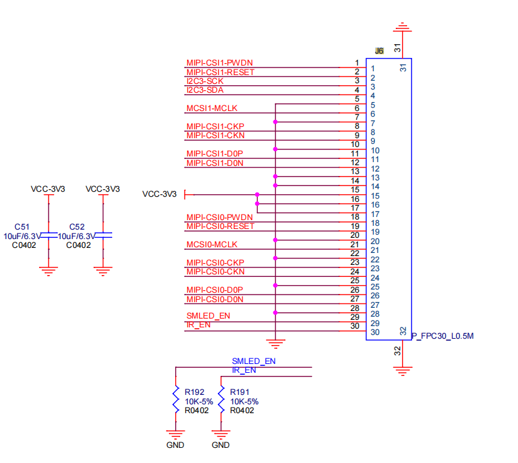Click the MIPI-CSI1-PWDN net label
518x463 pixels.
(219, 63)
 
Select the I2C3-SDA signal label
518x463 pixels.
(205, 90)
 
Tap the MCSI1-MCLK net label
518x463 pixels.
(212, 108)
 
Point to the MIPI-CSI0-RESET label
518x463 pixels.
(221, 226)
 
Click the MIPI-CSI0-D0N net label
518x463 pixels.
(215, 299)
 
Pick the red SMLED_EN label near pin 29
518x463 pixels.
(208, 316)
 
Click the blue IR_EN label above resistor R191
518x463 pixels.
(244, 370)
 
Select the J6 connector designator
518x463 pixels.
(379, 51)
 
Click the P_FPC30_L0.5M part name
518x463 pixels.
(442, 336)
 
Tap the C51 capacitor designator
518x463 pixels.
(22, 227)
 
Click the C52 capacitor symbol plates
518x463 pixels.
(103, 235)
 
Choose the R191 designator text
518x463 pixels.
(239, 392)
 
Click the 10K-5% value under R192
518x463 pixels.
(199, 401)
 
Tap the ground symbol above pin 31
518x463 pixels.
(403, 27)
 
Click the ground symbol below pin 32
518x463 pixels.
(403, 372)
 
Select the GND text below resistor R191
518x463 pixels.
(221, 445)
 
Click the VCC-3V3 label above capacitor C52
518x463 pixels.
(103, 189)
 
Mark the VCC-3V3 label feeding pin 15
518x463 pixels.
(159, 194)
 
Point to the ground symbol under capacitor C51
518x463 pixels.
(49, 271)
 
